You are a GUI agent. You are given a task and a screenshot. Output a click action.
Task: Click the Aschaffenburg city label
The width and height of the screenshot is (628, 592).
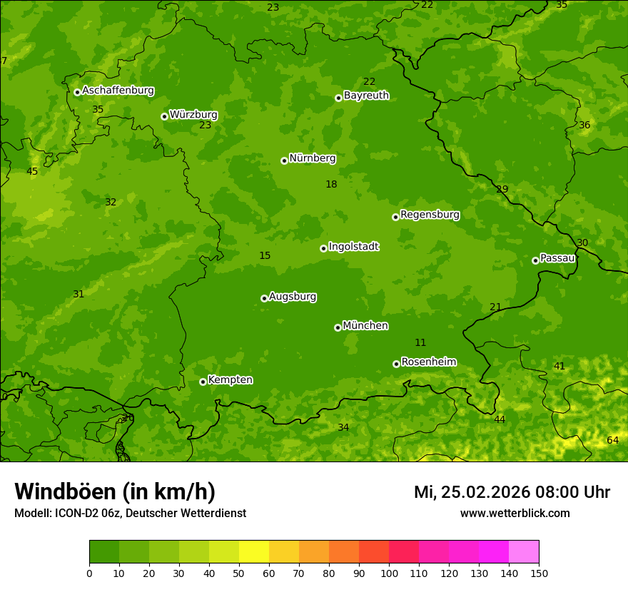pos(118,91)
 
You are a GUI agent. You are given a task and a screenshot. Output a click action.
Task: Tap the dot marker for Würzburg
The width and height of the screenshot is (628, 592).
pos(164,116)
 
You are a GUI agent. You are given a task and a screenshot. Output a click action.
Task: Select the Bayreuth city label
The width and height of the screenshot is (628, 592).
pos(366,96)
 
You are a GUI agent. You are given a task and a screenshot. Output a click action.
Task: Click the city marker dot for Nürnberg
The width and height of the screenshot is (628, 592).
pos(284,160)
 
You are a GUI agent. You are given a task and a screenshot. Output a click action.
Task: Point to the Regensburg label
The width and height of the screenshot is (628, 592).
pos(430,215)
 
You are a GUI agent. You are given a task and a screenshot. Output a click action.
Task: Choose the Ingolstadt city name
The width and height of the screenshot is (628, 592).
pos(353,247)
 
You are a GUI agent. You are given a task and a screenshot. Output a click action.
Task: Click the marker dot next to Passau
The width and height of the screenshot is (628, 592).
pos(535,260)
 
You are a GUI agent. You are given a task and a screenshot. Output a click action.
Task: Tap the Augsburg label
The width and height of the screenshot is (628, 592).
pos(293,297)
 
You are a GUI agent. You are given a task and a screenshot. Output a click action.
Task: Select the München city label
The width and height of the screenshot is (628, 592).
pos(365,326)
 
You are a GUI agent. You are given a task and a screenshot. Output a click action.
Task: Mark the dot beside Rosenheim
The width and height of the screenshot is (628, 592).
pos(396,364)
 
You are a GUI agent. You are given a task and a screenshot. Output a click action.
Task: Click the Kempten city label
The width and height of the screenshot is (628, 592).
pos(230,380)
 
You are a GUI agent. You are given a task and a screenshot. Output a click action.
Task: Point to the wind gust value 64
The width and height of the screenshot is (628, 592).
pos(612,440)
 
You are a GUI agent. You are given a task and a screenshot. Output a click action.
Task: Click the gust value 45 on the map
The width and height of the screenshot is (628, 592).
pos(32,171)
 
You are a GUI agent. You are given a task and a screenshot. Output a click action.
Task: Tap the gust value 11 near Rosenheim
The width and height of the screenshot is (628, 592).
pos(420,343)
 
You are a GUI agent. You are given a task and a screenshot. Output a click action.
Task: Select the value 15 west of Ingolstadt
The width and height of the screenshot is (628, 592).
pos(265,255)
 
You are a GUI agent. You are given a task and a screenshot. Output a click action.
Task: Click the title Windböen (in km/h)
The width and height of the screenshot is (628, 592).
pos(115,491)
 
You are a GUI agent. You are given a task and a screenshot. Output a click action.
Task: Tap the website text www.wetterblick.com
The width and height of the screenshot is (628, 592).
pos(515,513)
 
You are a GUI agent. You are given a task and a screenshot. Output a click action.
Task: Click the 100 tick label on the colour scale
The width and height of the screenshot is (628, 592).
pos(389,573)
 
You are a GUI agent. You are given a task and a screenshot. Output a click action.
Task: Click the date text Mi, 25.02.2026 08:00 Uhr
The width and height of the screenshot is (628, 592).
pos(512,492)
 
